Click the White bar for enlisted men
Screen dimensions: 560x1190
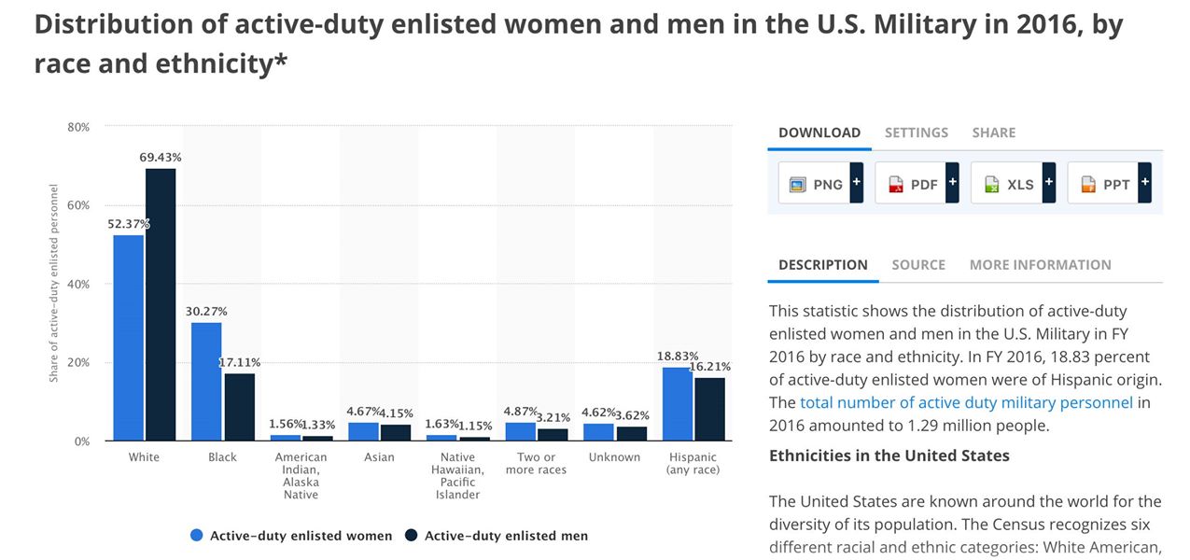pyautogui.click(x=161, y=304)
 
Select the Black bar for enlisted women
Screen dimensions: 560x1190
pyautogui.click(x=206, y=381)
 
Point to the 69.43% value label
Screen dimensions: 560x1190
pyautogui.click(x=161, y=158)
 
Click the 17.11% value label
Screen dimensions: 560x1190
pyautogui.click(x=240, y=362)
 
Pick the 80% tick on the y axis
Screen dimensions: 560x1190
pyautogui.click(x=78, y=127)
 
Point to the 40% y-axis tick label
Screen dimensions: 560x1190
pyautogui.click(x=78, y=284)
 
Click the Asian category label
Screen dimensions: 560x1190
pyautogui.click(x=379, y=457)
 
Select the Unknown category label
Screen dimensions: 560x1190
pyautogui.click(x=614, y=457)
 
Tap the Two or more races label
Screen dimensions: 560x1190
pyautogui.click(x=536, y=463)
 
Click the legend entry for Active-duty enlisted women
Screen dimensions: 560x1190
pyautogui.click(x=291, y=536)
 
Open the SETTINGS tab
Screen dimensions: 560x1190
pyautogui.click(x=917, y=133)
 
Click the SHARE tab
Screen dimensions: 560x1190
pyautogui.click(x=994, y=133)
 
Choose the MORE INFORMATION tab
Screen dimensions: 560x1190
pyautogui.click(x=1040, y=265)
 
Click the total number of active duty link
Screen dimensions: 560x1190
pyautogui.click(x=966, y=403)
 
